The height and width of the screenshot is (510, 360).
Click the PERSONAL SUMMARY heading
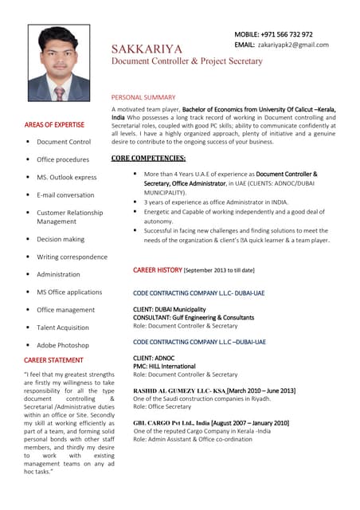[x=143, y=97]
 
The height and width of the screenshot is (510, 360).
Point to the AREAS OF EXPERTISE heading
[x=54, y=124]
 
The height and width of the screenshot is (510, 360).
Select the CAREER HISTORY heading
[x=158, y=270]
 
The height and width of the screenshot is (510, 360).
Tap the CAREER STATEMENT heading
[x=53, y=360]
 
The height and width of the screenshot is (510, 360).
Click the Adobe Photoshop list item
[x=63, y=345]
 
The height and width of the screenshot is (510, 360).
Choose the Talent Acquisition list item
[x=63, y=328]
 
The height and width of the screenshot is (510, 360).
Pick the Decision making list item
[x=61, y=239]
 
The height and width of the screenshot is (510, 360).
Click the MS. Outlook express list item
[x=67, y=177]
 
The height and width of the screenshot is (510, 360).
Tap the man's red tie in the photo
[x=59, y=93]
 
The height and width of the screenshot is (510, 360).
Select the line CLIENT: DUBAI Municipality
[x=169, y=309]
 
